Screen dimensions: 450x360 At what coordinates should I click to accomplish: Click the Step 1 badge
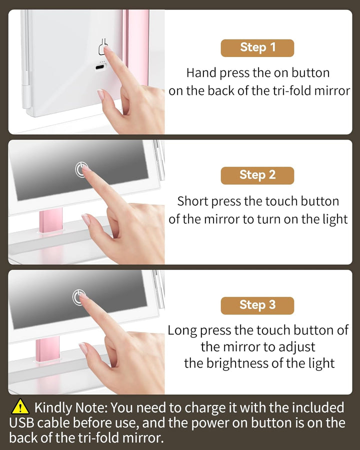click(x=257, y=47)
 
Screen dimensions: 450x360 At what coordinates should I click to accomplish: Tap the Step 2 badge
click(x=257, y=175)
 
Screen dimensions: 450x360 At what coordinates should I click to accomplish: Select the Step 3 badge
click(x=257, y=305)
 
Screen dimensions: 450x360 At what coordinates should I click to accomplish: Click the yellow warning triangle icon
click(x=20, y=407)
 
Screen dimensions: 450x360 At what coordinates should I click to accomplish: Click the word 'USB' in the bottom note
click(x=24, y=423)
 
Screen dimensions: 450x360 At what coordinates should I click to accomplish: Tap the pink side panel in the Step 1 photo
click(x=137, y=45)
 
